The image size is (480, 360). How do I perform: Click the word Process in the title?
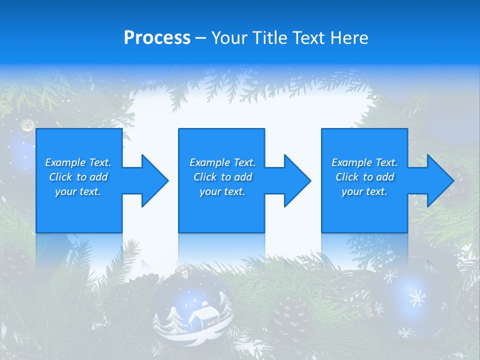(x=157, y=38)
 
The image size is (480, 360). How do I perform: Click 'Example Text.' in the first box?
(x=78, y=162)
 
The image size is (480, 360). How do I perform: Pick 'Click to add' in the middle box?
(x=222, y=177)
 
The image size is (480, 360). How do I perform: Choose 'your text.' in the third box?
(x=364, y=191)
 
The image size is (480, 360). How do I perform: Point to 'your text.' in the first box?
(x=78, y=191)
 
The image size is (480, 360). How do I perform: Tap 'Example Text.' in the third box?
(x=364, y=162)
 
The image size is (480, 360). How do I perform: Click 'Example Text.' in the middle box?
(x=222, y=162)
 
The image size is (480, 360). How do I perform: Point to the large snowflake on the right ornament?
(x=416, y=298)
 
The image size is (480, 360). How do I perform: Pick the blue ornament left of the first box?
(x=20, y=150)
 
